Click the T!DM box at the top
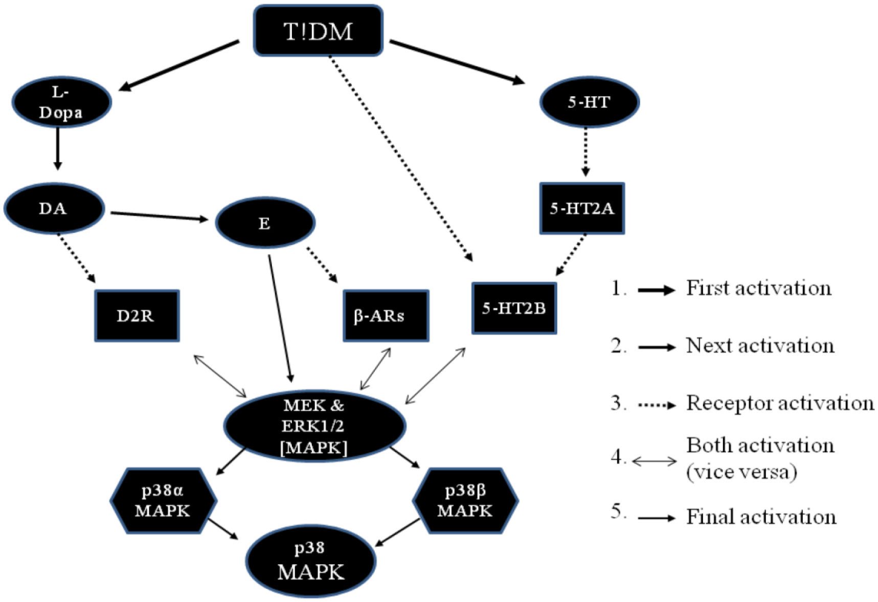click(318, 31)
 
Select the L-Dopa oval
click(61, 102)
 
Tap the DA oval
click(54, 209)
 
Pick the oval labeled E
click(265, 223)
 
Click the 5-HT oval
click(589, 102)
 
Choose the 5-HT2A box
click(582, 208)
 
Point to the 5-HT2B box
click(514, 308)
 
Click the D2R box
click(137, 316)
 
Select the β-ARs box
click(386, 316)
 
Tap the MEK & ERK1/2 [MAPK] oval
click(314, 426)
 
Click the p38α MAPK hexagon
click(163, 501)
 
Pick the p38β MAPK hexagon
click(465, 501)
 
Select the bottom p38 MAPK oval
click(311, 561)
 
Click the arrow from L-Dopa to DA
click(58, 148)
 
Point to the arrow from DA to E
click(159, 216)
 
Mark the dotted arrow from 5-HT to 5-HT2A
click(586, 152)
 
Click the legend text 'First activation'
click(758, 288)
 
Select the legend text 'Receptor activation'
click(780, 404)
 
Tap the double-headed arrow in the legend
click(655, 461)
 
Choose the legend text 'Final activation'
click(761, 517)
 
